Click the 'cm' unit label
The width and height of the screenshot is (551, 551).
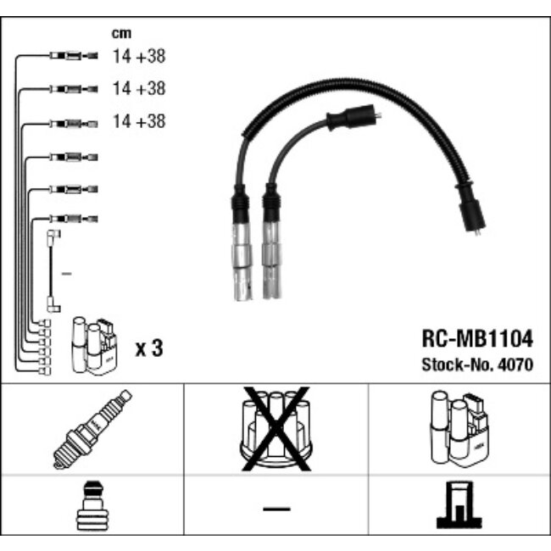(x=121, y=34)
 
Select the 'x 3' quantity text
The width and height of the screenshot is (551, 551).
(x=149, y=348)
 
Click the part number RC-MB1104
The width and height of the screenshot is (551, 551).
(x=478, y=340)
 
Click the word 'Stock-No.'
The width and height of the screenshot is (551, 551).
(x=459, y=366)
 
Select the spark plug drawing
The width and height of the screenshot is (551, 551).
(x=92, y=429)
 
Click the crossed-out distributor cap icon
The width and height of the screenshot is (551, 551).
(x=275, y=428)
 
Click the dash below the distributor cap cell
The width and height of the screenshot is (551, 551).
(x=275, y=509)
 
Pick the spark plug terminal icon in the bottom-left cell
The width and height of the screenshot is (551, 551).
(x=91, y=509)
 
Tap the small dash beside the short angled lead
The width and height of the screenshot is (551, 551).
(x=68, y=273)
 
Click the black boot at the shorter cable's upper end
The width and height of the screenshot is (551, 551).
(x=351, y=117)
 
